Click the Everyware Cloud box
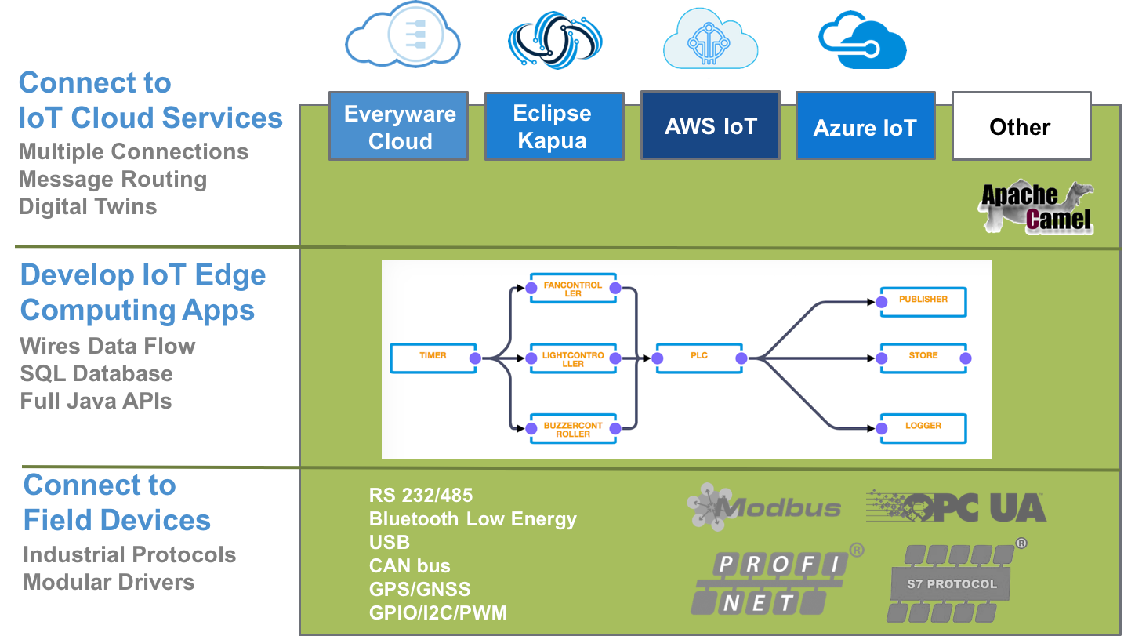399,126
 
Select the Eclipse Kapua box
553,126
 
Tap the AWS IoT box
710,126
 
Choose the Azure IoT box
865,127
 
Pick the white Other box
1021,126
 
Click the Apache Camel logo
1035,208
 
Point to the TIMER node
433,357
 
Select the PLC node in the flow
699,357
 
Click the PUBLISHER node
923,300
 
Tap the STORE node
923,357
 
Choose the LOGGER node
923,427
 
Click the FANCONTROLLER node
573,289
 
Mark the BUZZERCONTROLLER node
573,429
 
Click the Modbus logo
763,506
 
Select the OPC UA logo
956,507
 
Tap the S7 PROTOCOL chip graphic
952,584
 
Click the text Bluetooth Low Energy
473,519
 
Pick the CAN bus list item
409,566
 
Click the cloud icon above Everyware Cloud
402,35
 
